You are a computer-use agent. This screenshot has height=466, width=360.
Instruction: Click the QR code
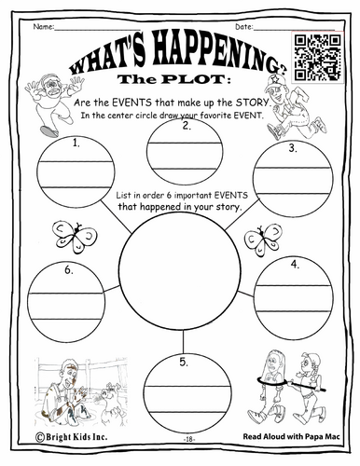point(318,57)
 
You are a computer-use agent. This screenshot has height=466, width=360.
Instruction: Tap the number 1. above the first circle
point(76,143)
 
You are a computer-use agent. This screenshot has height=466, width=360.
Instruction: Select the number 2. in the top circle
point(187,126)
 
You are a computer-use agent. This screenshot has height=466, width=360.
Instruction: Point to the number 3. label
point(293,148)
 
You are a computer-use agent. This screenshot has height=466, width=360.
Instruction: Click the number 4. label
point(295,265)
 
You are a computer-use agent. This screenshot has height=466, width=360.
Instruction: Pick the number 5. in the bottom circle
point(184,362)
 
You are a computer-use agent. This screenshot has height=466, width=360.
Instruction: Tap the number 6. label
point(69,270)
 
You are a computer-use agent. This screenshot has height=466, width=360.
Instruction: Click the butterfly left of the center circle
point(75,237)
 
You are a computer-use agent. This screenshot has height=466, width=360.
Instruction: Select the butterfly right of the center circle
point(263,240)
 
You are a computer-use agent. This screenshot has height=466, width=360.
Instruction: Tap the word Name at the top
point(43,26)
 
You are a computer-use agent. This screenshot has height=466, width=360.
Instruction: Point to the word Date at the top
point(243,27)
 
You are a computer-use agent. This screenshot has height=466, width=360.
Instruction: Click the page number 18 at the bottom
point(188,439)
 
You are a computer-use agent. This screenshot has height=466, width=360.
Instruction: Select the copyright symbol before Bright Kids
point(39,437)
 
